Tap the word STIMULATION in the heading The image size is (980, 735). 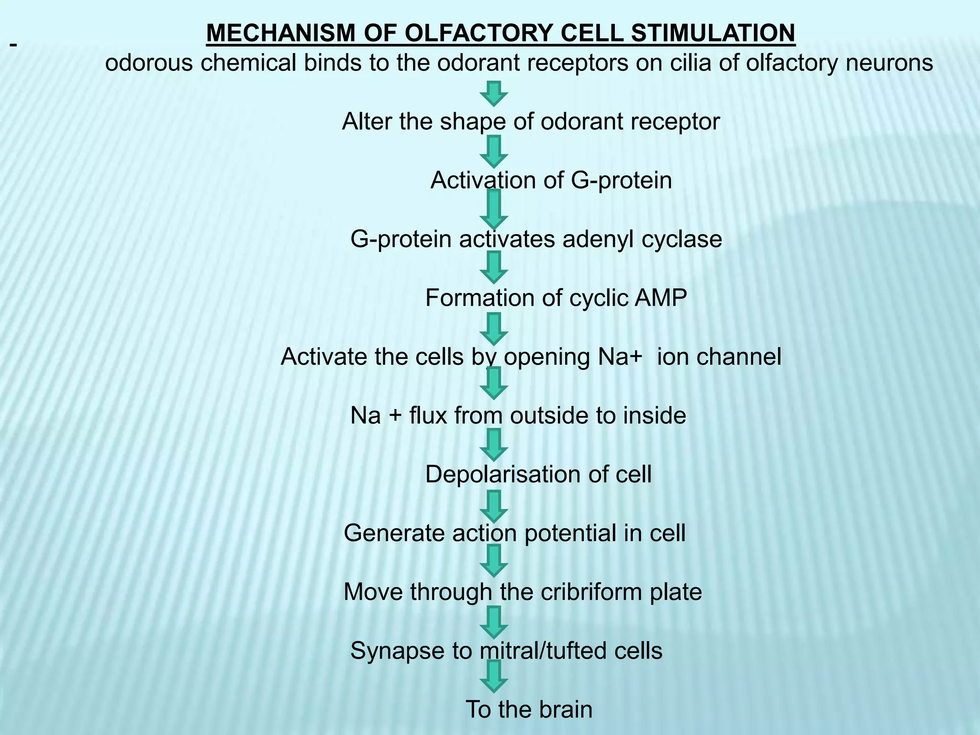pyautogui.click(x=713, y=33)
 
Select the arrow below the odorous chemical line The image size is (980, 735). pyautogui.click(x=494, y=93)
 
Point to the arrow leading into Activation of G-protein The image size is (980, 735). pyautogui.click(x=494, y=151)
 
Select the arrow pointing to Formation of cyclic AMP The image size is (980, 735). pyautogui.click(x=494, y=267)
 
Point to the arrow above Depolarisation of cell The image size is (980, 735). pyautogui.click(x=494, y=445)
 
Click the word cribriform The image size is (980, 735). pyautogui.click(x=590, y=592)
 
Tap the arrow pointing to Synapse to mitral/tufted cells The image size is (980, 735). pyautogui.click(x=494, y=622)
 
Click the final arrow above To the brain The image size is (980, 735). pyautogui.click(x=494, y=676)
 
